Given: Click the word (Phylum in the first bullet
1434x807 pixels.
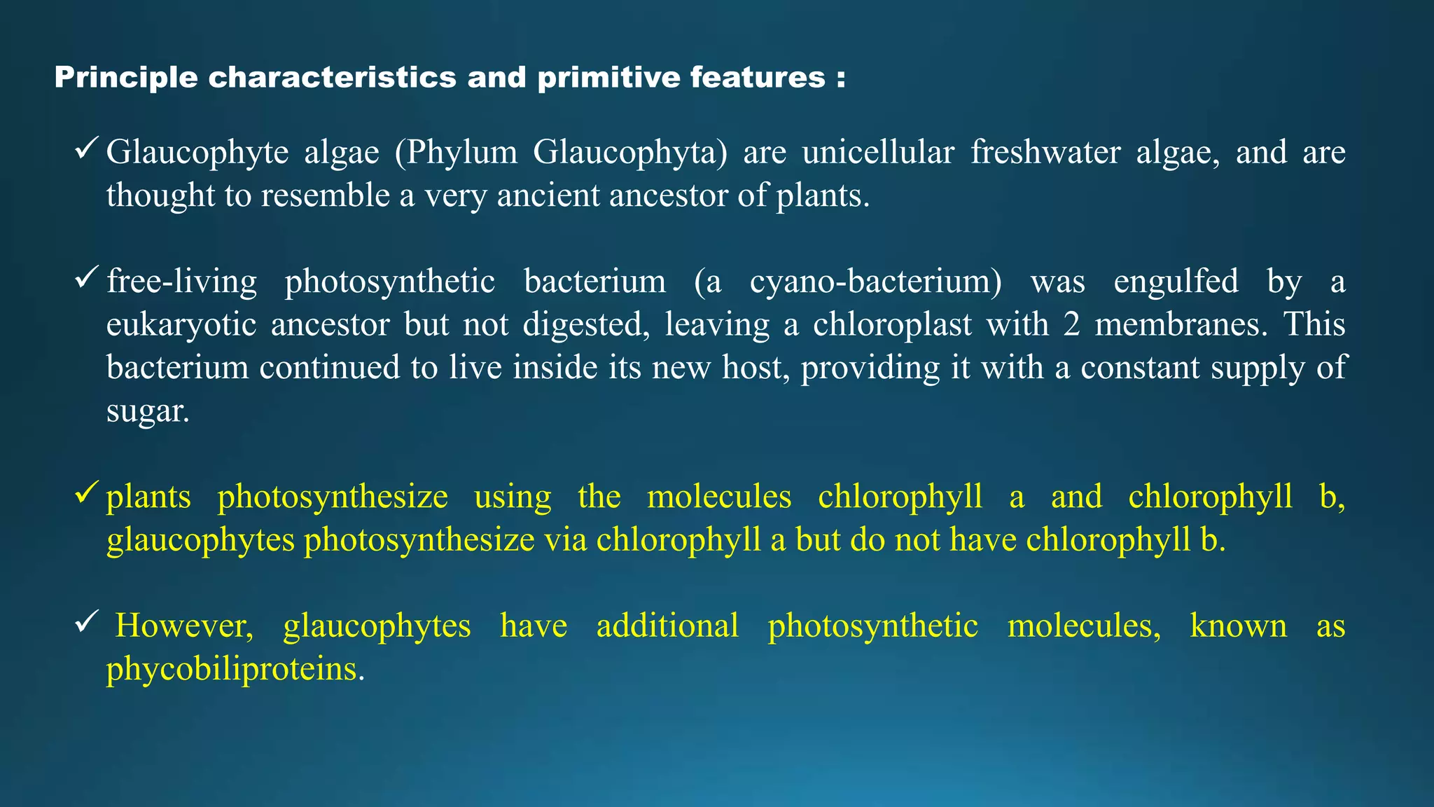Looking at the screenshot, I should tap(456, 152).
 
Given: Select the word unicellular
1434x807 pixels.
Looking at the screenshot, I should tap(878, 152).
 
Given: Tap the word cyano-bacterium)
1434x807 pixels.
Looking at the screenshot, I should tap(876, 282).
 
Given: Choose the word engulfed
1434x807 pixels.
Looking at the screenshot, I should tap(1176, 282).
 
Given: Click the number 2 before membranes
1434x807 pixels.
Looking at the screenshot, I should tap(1071, 325).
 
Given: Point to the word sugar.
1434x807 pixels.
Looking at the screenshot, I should tap(148, 411).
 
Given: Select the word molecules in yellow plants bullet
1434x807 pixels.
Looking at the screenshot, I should tap(719, 497).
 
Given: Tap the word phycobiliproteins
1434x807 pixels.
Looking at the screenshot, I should tap(235, 669).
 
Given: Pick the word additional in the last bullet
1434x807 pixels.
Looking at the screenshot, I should tap(667, 626).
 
